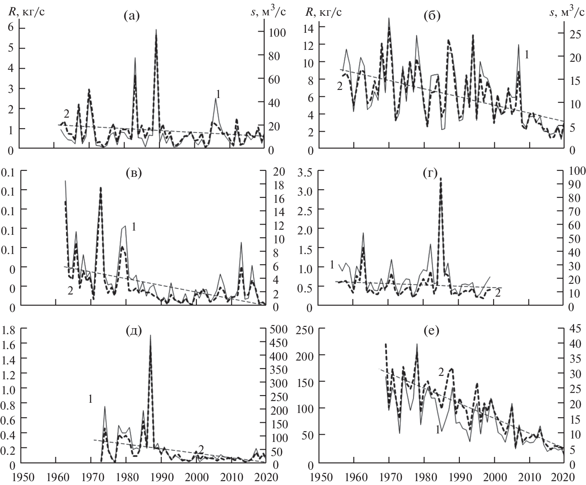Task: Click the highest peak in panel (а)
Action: [156, 30]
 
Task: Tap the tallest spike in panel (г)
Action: [441, 178]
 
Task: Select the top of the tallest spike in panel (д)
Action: [150, 335]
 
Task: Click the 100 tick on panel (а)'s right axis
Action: [273, 33]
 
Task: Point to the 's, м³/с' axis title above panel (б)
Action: [567, 12]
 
